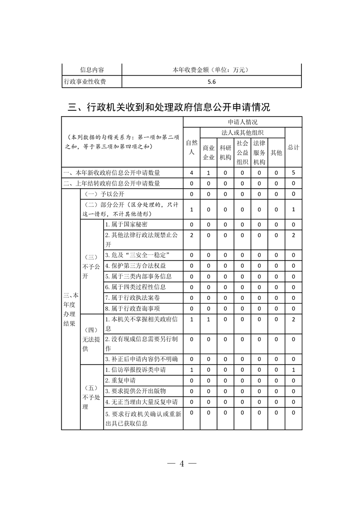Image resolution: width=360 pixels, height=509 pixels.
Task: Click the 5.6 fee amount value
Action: coord(211,82)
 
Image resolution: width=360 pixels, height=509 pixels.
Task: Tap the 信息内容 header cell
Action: coord(92,70)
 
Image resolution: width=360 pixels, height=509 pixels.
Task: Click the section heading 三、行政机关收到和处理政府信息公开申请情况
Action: coord(169,108)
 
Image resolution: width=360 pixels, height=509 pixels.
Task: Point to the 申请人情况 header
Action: coord(242,122)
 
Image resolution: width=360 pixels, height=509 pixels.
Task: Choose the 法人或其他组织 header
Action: coord(242,132)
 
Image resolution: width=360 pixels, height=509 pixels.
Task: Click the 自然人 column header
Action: coord(192,147)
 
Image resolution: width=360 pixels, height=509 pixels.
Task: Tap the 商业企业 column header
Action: coord(208,152)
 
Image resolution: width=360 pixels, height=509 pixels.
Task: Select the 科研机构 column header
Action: coord(225,152)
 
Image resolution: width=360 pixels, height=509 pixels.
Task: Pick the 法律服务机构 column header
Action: coord(259,152)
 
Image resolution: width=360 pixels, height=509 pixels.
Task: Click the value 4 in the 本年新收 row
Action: coord(192,173)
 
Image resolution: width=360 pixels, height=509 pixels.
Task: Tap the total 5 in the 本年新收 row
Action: coord(293,173)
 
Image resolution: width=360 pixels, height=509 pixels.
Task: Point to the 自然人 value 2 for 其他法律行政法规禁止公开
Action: coord(192,235)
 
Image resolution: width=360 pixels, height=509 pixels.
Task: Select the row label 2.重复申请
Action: coord(120,380)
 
